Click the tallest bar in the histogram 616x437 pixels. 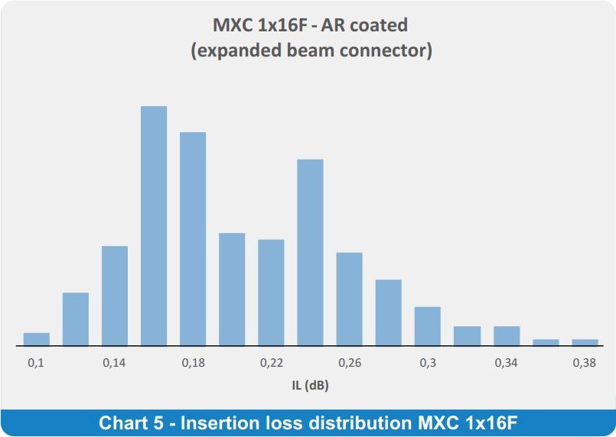click(x=154, y=226)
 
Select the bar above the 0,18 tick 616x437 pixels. click(x=193, y=239)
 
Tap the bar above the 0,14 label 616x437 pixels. click(x=115, y=296)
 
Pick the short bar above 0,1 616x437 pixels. click(x=37, y=339)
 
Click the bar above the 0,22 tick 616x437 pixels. click(x=271, y=293)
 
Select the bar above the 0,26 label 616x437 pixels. click(x=349, y=299)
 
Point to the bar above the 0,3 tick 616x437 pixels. click(x=428, y=326)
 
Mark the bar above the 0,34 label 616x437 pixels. click(x=507, y=336)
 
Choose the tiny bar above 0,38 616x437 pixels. click(x=585, y=342)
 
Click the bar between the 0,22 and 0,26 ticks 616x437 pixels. click(x=311, y=253)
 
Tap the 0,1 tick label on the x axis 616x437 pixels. click(x=36, y=363)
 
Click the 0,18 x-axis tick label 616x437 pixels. click(x=194, y=363)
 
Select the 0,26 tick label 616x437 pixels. click(x=350, y=363)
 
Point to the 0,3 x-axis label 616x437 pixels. click(x=428, y=363)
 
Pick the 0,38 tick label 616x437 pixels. click(x=585, y=363)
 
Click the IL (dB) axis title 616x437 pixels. click(x=311, y=386)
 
